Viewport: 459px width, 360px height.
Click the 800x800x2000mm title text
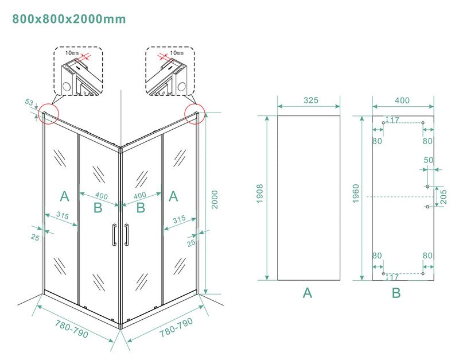(69, 19)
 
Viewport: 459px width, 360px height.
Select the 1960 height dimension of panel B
(356, 195)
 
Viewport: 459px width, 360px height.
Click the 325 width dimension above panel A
(310, 100)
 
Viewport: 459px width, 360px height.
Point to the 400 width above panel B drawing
(402, 100)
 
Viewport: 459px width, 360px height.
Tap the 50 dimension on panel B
(429, 160)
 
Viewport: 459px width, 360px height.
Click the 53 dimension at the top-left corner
(29, 102)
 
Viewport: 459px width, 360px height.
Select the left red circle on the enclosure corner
(47, 113)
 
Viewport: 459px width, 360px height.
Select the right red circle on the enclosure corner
(195, 113)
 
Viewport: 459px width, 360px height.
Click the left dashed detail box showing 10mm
(79, 71)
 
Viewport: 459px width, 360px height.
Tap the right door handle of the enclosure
(126, 234)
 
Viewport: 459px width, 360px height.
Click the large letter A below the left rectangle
(308, 293)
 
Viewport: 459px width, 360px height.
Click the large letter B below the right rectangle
(396, 293)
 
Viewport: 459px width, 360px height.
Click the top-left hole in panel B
(383, 122)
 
